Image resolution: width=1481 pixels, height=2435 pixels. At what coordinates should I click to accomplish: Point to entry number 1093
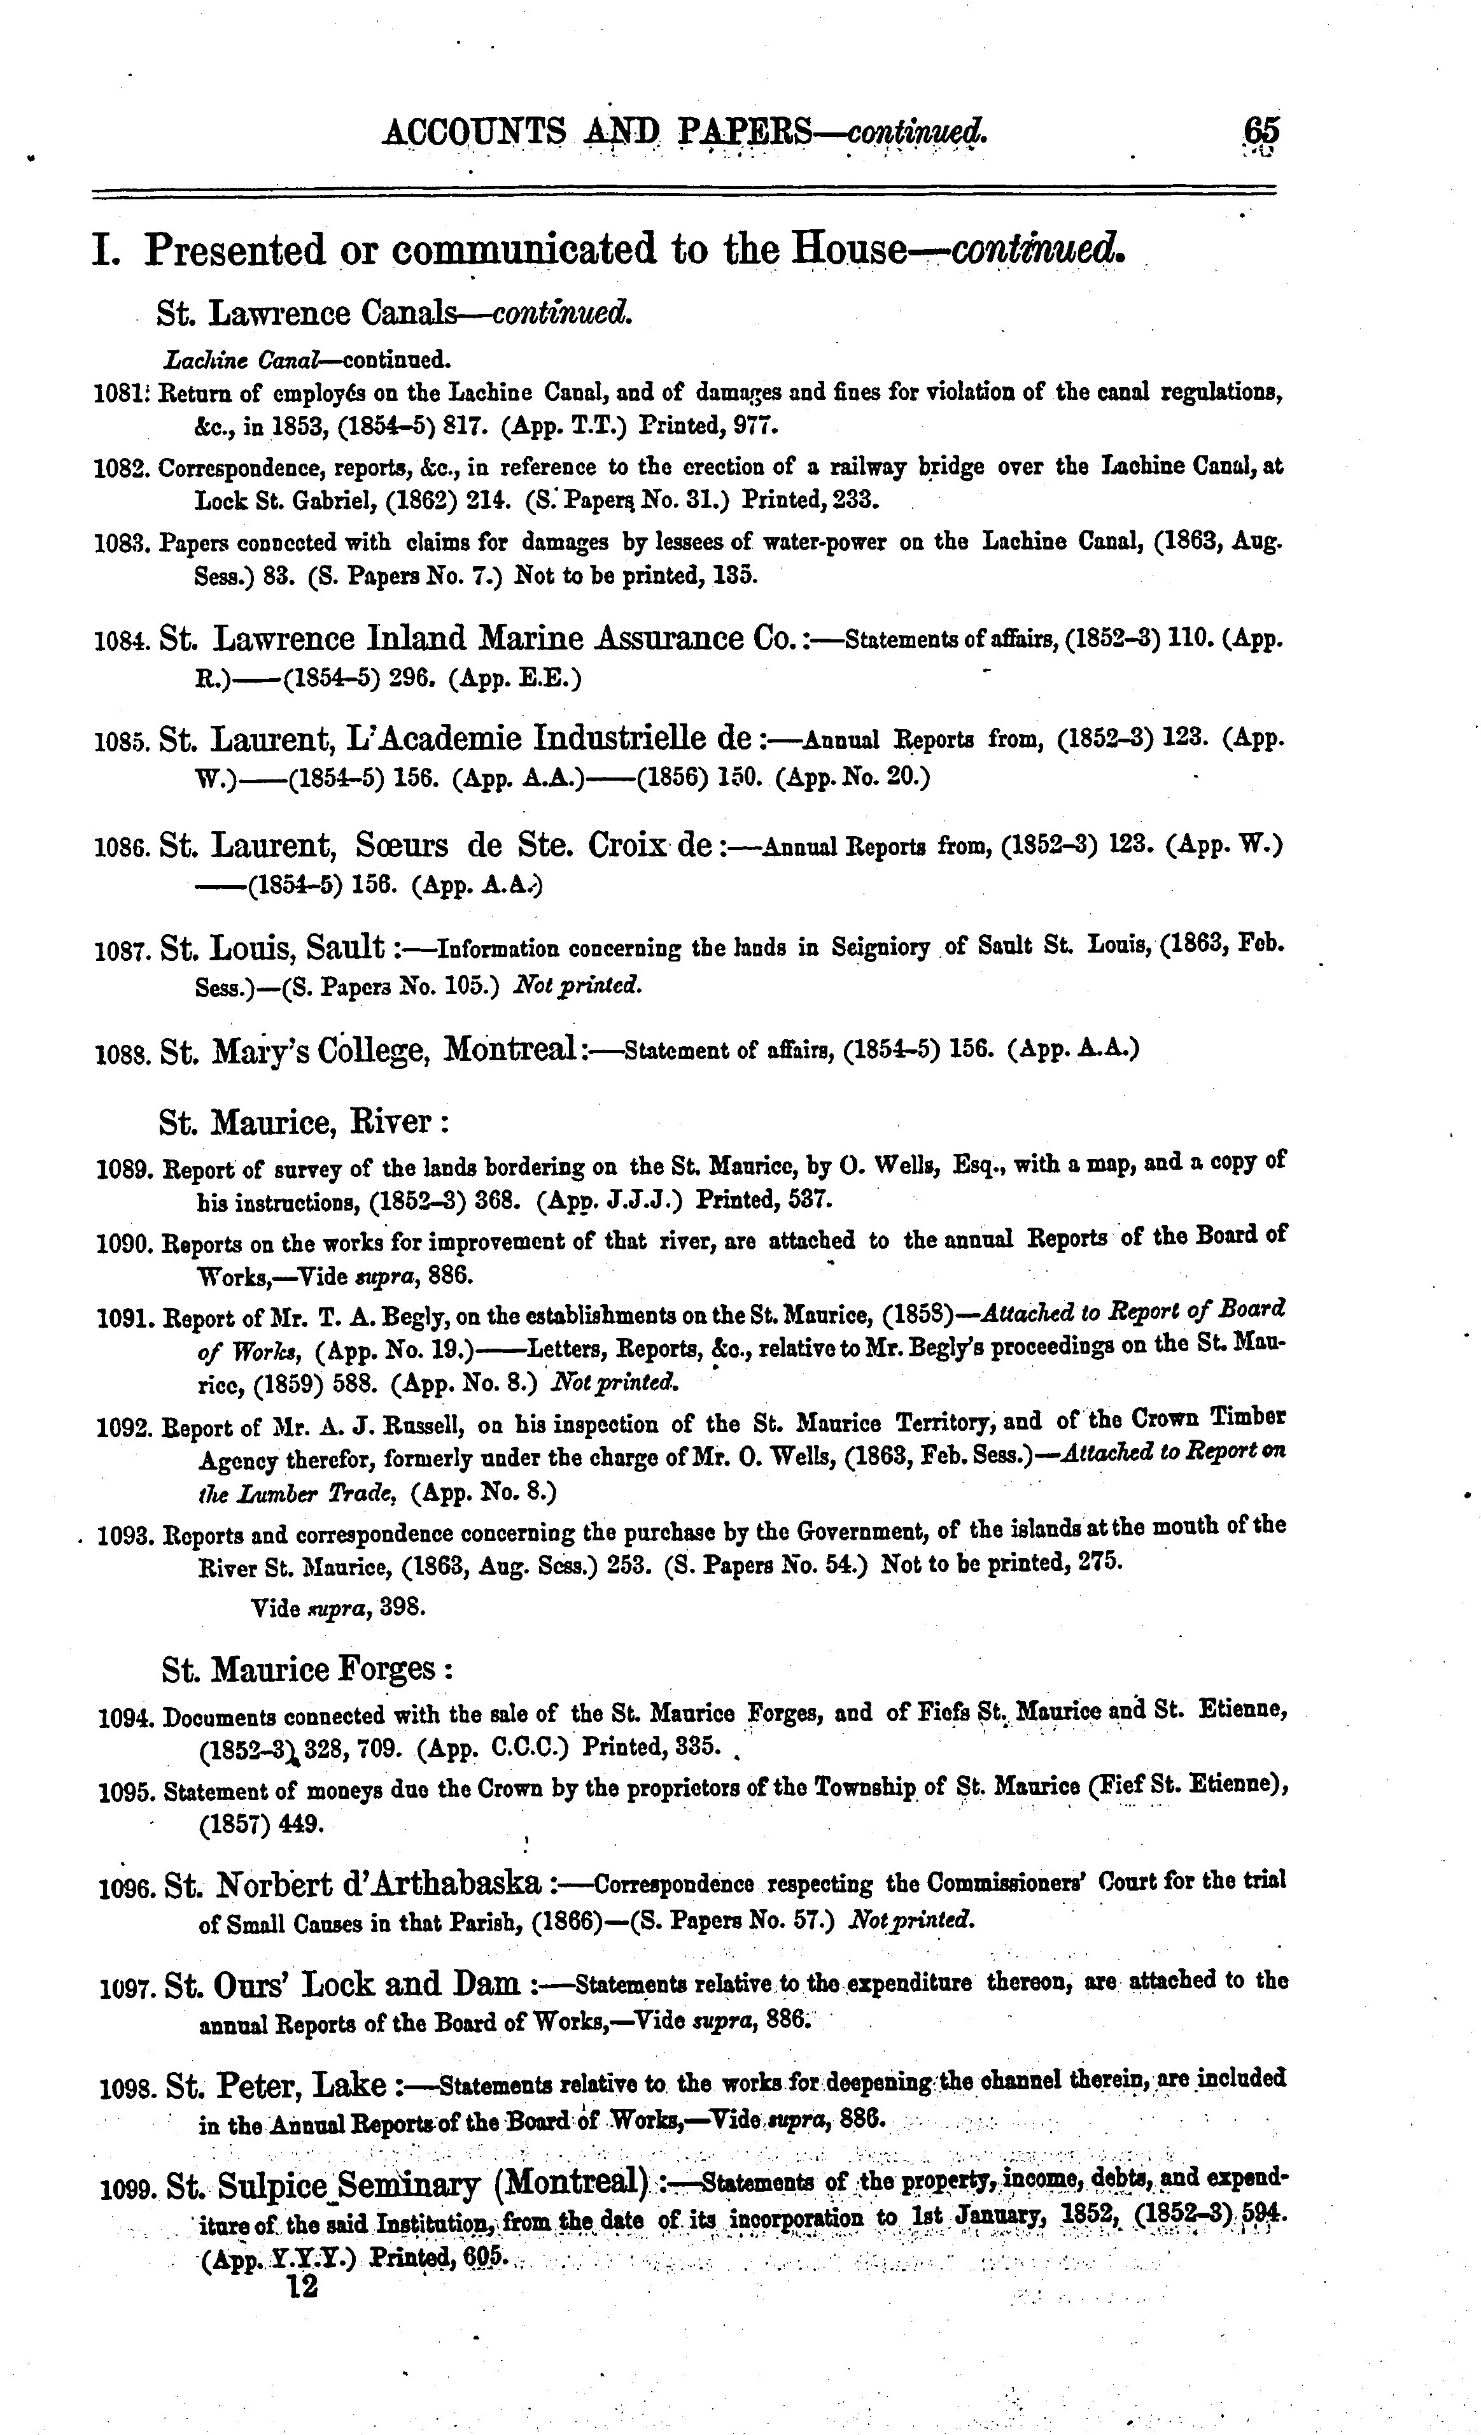coord(127,1537)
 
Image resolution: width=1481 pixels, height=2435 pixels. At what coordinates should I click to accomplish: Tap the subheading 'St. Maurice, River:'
coord(304,1123)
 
